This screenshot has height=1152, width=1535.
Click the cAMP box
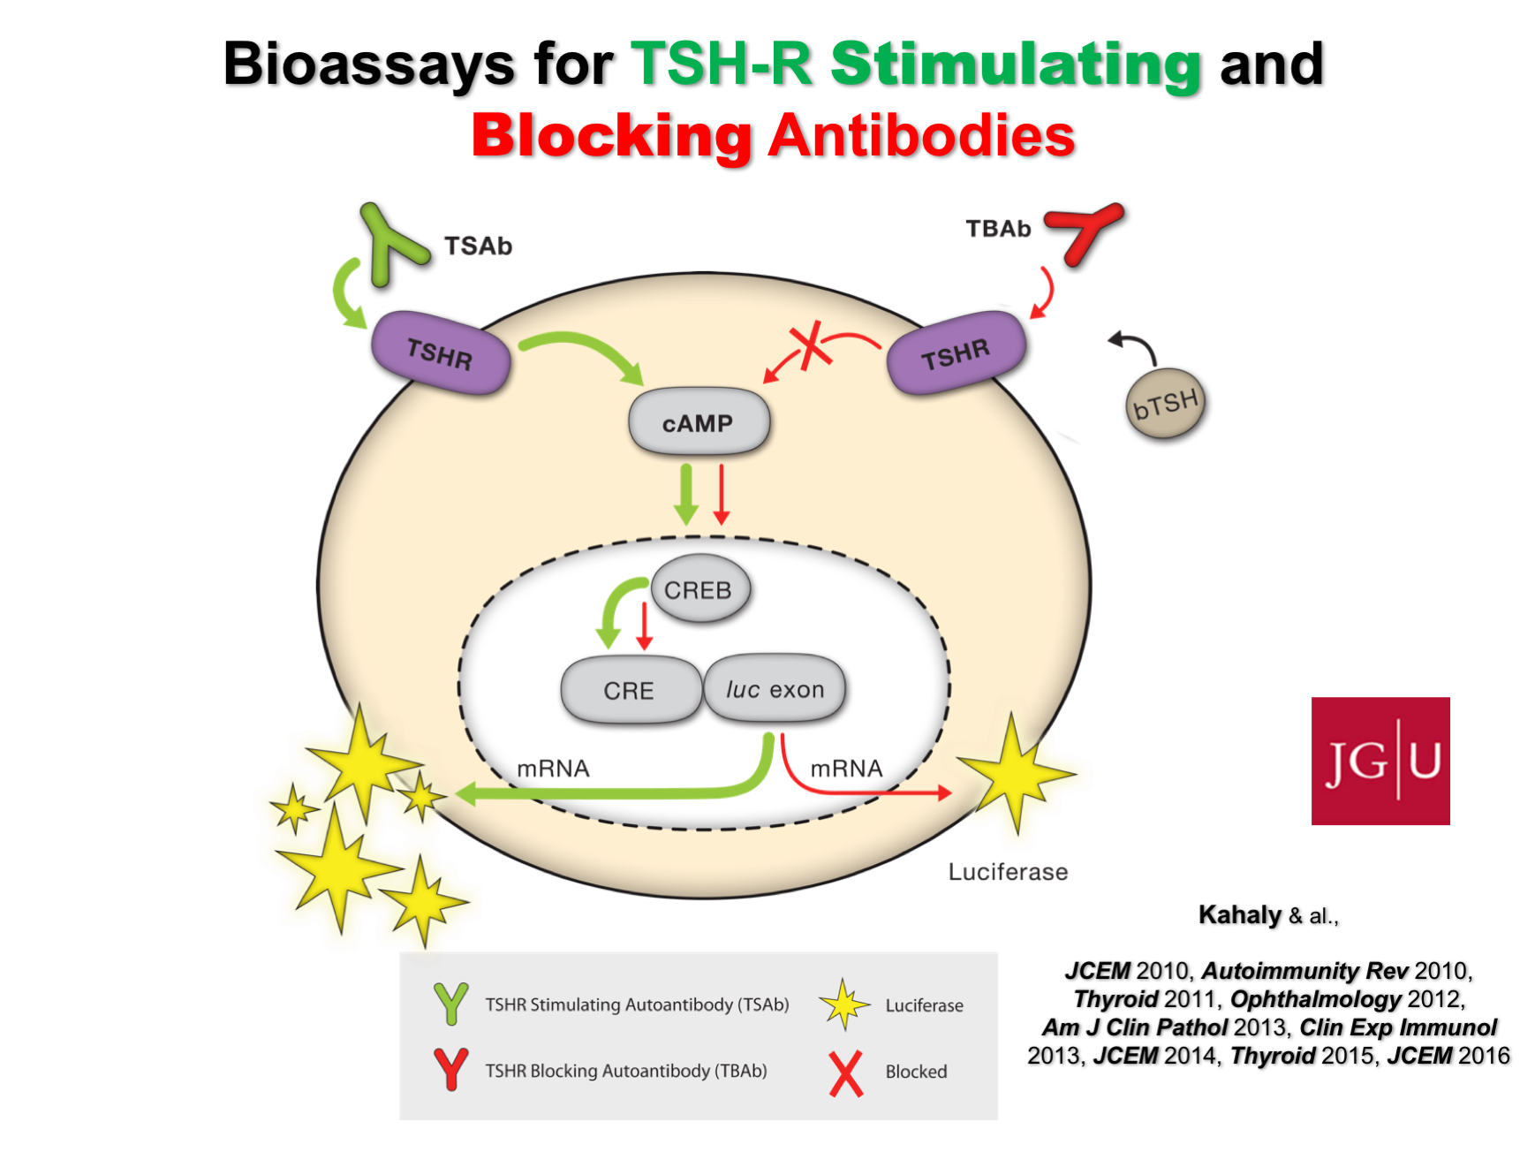699,422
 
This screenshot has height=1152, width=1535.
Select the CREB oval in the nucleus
699,589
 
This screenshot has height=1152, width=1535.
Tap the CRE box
630,690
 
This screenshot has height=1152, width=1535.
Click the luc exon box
775,689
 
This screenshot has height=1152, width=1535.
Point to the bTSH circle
1167,404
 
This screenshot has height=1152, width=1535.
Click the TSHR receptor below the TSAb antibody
440,352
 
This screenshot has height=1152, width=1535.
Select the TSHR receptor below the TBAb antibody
957,353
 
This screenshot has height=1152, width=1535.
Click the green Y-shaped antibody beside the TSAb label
386,244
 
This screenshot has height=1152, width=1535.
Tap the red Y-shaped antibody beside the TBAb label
1085,230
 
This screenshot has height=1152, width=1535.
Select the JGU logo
1380,761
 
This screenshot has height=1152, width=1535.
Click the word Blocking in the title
611,136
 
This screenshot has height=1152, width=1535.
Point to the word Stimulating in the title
1016,64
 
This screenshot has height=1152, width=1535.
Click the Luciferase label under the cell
1008,872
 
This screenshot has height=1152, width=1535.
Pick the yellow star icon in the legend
843,1004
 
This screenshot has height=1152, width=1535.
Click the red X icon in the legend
845,1072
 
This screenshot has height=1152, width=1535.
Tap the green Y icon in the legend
450,1004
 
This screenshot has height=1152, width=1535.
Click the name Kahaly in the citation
1239,914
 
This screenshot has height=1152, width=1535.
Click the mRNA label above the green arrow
553,769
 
